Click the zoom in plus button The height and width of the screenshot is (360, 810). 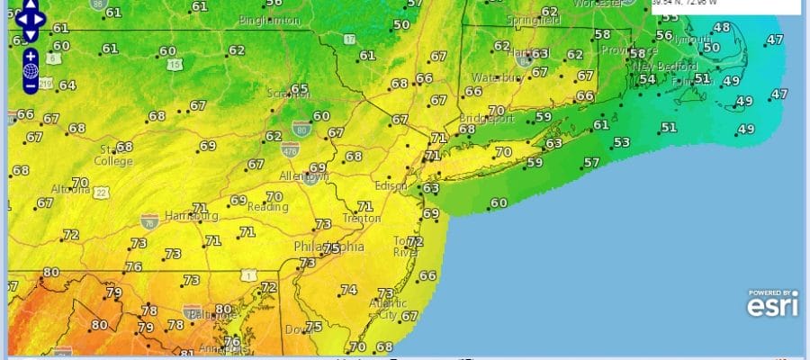(30, 56)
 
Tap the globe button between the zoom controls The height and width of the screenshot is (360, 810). (30, 70)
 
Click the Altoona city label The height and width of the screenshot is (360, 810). (68, 191)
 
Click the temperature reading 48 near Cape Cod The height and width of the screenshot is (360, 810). (721, 27)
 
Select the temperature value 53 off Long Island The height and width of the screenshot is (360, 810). (621, 142)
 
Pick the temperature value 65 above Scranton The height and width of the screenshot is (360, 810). (299, 89)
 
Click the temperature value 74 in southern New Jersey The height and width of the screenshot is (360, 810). (348, 290)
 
